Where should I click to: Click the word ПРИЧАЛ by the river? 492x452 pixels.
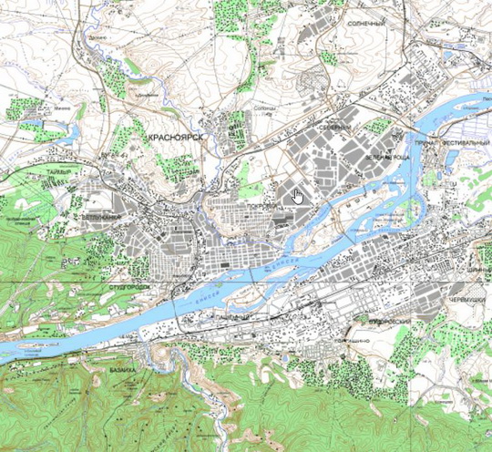[x=426, y=144]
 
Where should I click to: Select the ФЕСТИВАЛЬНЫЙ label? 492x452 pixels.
[x=466, y=144]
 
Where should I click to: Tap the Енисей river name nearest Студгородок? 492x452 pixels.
[x=205, y=293]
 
